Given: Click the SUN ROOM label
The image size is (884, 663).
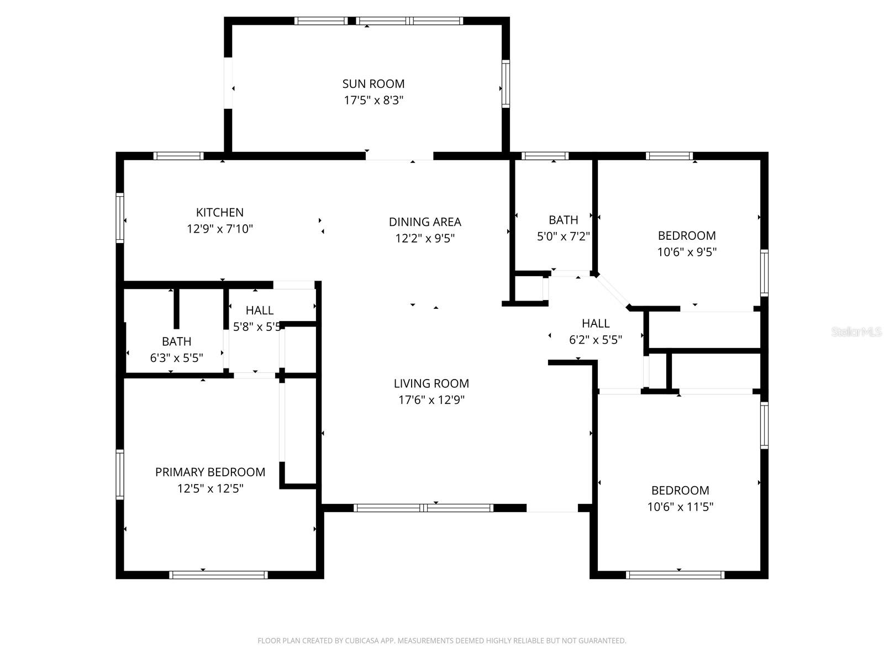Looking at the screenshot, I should point(373,84).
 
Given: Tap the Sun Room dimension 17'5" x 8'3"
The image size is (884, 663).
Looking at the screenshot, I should point(373,101).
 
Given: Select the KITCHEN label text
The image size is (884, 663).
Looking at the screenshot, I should point(220,212).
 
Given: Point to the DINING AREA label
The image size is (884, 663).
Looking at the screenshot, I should point(425,222).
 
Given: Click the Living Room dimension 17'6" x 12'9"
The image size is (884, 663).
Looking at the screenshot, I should point(432,400).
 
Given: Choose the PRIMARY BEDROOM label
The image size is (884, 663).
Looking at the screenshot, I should point(210,472).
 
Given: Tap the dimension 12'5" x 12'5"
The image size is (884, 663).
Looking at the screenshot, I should point(210,489).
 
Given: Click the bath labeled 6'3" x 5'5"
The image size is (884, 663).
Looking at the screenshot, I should point(176,350).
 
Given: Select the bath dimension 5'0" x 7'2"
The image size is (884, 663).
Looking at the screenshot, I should point(564,236).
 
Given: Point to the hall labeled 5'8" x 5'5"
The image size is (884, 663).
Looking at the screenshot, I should point(257,319).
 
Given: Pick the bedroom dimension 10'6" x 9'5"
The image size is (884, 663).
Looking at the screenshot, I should point(687,252).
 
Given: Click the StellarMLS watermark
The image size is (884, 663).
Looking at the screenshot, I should point(856,332).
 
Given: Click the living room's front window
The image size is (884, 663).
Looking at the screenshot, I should point(423,508).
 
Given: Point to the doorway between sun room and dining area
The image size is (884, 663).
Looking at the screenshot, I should point(399,156).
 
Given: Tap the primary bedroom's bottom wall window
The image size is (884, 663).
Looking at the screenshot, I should point(218,575).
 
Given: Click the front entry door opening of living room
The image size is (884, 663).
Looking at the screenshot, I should point(552,508).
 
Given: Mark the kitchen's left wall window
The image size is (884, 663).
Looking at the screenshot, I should point(120,218).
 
